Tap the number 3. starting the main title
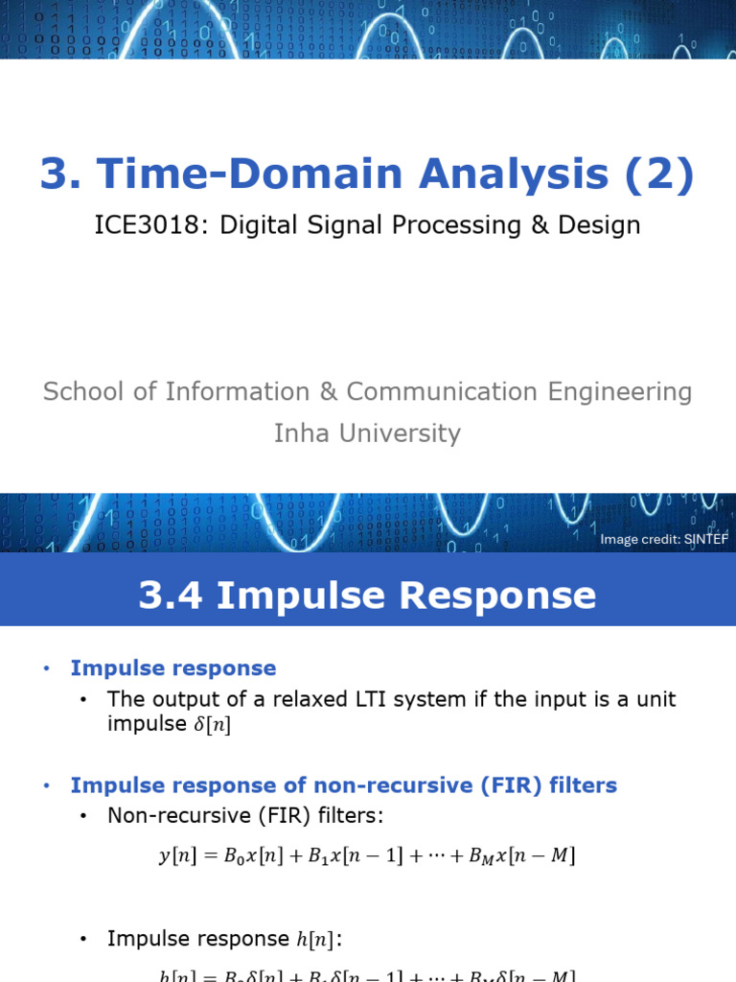tap(60, 174)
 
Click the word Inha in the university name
tap(302, 433)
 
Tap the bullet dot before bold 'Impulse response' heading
tap(44, 668)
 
